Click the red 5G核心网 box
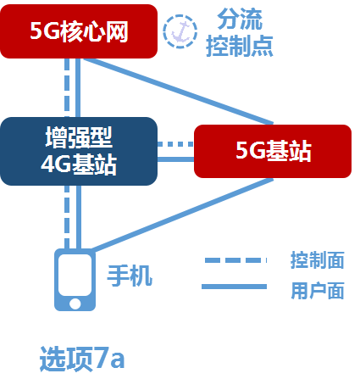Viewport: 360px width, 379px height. click(x=79, y=31)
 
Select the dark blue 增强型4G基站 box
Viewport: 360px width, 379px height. click(x=79, y=151)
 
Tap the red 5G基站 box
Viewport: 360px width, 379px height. click(x=272, y=151)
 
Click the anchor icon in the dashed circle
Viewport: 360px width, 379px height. click(x=179, y=31)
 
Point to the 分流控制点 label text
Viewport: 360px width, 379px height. click(x=239, y=31)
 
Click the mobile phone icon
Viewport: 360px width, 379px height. click(x=75, y=279)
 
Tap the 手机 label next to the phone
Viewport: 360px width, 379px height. click(x=129, y=275)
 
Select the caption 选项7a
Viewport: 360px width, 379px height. click(x=82, y=358)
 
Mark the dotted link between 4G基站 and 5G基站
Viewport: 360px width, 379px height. click(x=176, y=145)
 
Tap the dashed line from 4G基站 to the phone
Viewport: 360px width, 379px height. click(x=67, y=216)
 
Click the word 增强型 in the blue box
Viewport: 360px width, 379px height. click(x=79, y=137)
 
